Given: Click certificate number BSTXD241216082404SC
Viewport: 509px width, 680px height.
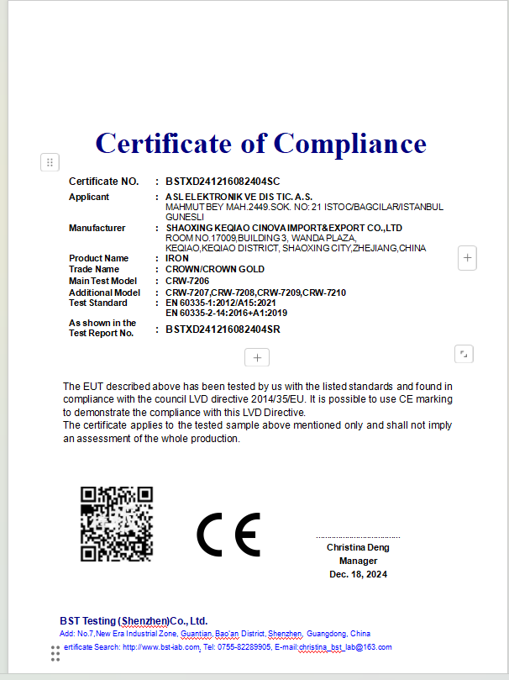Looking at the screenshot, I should click(x=223, y=181).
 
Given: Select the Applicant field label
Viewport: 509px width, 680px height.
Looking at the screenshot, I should click(x=89, y=197).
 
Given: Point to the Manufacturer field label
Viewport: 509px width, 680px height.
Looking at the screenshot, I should click(x=97, y=228).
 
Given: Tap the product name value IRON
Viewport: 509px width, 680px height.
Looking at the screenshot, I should click(x=177, y=258).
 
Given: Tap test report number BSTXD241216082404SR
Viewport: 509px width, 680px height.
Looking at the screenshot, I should click(x=223, y=329).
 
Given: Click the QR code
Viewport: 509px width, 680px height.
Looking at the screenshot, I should click(x=117, y=524).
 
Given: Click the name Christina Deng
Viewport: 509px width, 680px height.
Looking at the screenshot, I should click(x=358, y=547).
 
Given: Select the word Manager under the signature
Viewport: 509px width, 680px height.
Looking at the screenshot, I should click(x=358, y=561).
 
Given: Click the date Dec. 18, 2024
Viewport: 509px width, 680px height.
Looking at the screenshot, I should click(x=358, y=574).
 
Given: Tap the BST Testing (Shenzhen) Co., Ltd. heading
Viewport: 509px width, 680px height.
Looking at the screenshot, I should click(x=134, y=620).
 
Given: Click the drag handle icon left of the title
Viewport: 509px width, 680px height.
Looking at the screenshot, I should click(x=50, y=162).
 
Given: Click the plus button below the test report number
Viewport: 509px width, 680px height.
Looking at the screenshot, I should click(x=257, y=357).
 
